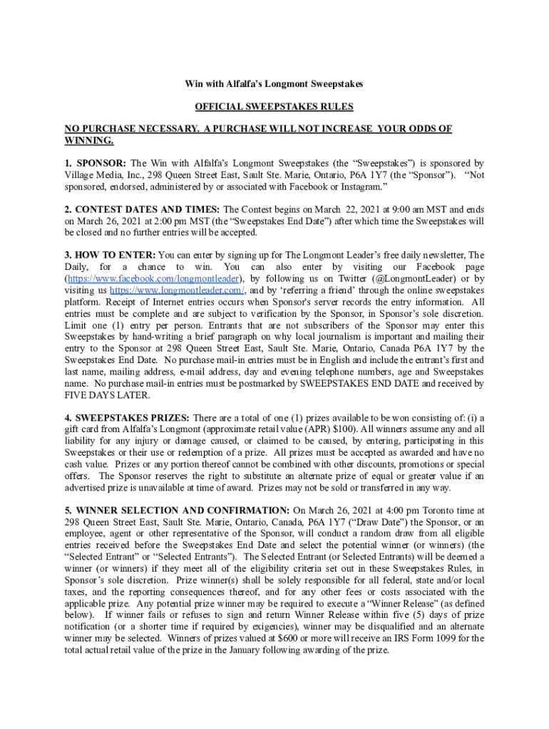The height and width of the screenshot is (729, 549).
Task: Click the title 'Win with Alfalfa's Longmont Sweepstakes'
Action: point(274,84)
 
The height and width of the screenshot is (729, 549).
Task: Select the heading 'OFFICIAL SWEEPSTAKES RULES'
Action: point(274,107)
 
